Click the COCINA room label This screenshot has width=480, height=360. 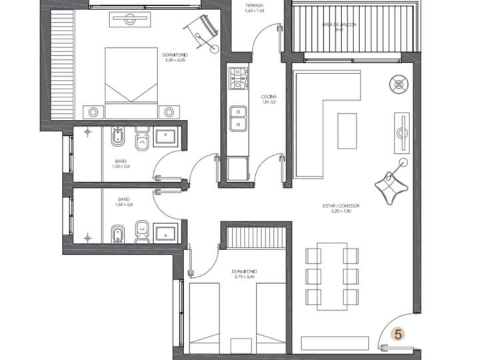click(x=269, y=97)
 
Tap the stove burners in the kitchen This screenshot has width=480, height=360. click(x=237, y=79)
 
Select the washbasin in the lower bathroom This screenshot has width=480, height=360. click(x=166, y=233)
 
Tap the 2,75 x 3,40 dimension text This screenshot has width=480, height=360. click(x=245, y=277)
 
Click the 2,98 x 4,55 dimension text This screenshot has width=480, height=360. click(x=174, y=60)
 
